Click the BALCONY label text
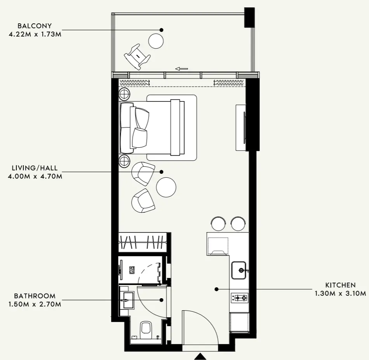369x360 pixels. [35, 26]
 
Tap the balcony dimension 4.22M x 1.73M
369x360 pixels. [35, 34]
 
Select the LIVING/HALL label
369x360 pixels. [35, 168]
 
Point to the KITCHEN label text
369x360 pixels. [340, 285]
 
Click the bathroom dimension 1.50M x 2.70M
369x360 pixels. [35, 304]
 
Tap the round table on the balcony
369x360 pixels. [156, 40]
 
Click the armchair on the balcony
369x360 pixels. [137, 56]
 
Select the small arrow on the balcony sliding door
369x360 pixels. [181, 69]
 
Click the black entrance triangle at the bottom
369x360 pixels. [200, 356]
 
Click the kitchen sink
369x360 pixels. [239, 270]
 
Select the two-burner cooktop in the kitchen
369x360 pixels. [240, 298]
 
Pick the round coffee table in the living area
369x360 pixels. [166, 187]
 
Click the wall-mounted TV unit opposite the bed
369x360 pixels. [241, 127]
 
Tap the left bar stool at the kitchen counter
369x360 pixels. [218, 222]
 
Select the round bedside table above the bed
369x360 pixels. [125, 94]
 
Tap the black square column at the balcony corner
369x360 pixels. [249, 17]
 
